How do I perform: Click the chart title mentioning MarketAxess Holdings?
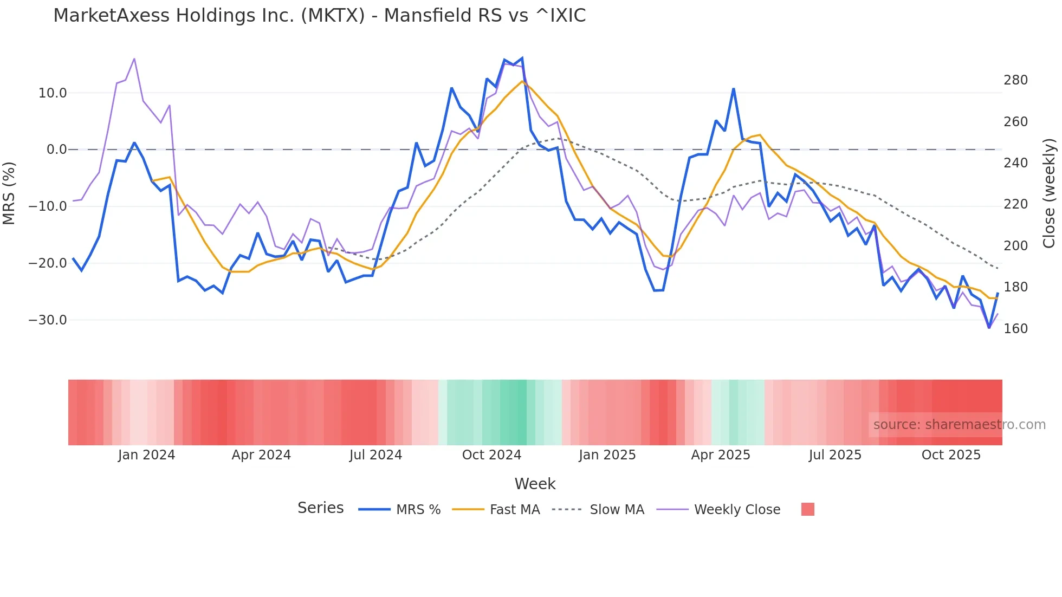(x=319, y=16)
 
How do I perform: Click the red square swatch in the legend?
(x=807, y=509)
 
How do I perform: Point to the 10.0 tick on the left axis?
(x=53, y=93)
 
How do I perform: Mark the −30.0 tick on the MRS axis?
(x=48, y=320)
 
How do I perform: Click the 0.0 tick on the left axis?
(x=56, y=150)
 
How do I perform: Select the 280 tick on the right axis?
(x=1015, y=80)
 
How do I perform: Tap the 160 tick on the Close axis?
(x=1015, y=329)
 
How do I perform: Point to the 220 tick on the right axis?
(x=1015, y=204)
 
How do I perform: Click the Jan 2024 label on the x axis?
(x=146, y=455)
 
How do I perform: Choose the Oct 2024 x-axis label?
(x=491, y=455)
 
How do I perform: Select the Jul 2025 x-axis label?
(x=835, y=455)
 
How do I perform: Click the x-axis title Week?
(x=535, y=484)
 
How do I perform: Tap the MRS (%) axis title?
(x=9, y=193)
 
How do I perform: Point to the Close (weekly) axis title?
(x=1050, y=193)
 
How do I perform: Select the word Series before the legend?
(x=320, y=508)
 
